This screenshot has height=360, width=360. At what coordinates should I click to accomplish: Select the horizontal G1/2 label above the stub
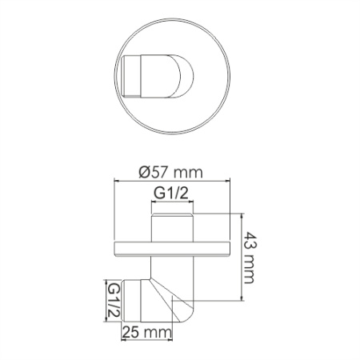(x=171, y=193)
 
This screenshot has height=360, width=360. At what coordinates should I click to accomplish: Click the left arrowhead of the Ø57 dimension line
(x=118, y=182)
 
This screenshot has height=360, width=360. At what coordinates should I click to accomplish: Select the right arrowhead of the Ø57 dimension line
(x=226, y=182)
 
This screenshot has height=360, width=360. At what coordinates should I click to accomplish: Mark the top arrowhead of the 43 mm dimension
(x=241, y=214)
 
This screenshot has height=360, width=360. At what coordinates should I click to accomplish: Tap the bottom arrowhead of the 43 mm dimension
(x=241, y=301)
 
